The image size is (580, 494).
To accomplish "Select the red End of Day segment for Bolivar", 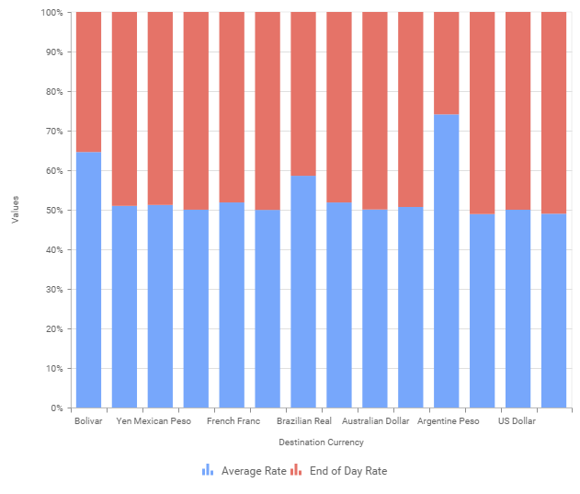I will [88, 82].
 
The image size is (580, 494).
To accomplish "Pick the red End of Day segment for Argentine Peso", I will [446, 63].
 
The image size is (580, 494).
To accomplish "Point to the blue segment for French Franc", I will [232, 304].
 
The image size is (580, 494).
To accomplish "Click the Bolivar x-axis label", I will [88, 421].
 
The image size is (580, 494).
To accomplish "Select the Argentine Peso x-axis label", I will [448, 421].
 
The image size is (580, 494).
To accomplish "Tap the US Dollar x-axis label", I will [517, 421].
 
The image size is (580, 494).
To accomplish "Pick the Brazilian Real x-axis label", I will [310, 421].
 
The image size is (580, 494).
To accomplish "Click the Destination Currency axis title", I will [321, 442].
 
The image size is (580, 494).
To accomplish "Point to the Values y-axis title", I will [15, 210].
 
